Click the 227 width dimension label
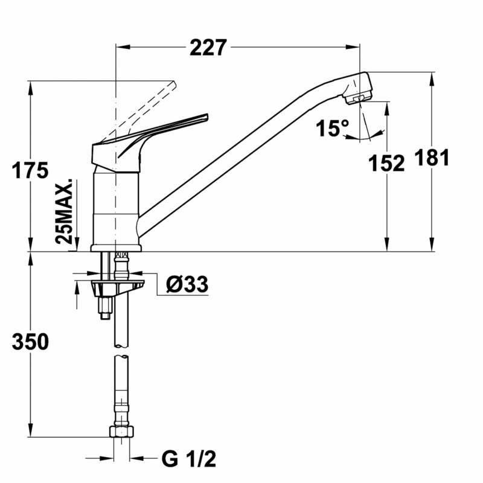[x=208, y=47]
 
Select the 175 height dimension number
[x=30, y=171]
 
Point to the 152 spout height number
[x=386, y=163]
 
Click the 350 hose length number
[x=30, y=342]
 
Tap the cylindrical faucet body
[x=116, y=205]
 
